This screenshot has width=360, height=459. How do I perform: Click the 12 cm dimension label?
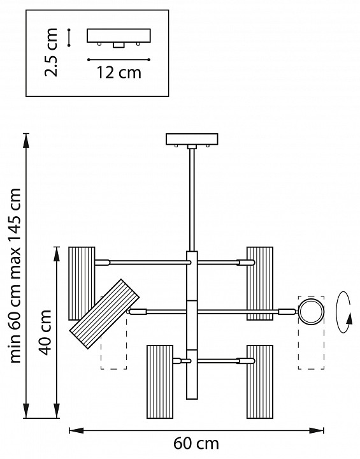click(x=119, y=73)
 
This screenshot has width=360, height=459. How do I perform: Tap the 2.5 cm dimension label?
click(x=51, y=52)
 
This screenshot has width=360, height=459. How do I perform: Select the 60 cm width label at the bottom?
click(x=196, y=443)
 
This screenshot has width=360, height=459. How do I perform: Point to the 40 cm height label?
click(x=45, y=332)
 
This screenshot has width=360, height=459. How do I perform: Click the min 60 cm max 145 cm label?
click(x=15, y=275)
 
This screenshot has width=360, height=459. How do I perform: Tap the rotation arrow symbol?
click(x=344, y=312)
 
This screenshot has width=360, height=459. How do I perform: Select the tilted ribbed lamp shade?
click(x=104, y=314)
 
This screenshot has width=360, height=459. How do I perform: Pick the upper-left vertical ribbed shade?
click(x=82, y=283)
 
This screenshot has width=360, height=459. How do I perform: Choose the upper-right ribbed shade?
click(x=260, y=283)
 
